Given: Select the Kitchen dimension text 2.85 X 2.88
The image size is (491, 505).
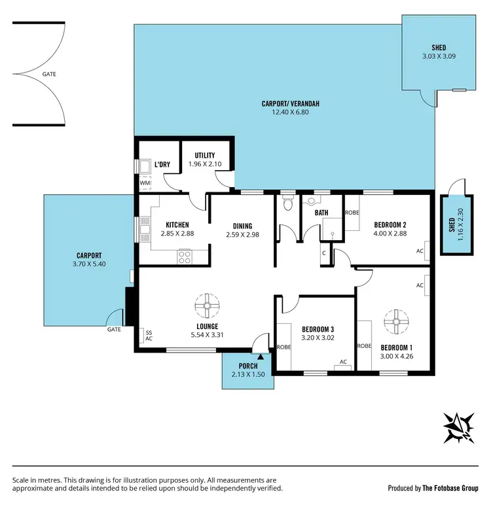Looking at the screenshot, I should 177,233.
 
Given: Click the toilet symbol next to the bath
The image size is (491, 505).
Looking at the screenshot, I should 286,203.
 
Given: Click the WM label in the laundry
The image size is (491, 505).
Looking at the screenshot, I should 145,183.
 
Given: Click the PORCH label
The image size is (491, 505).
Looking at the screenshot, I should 247,366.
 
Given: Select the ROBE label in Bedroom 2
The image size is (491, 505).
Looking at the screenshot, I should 352,213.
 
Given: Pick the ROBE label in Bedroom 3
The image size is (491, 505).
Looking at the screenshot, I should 284,347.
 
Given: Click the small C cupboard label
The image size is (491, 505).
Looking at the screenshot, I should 323,252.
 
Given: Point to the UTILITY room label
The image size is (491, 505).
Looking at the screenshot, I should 205,155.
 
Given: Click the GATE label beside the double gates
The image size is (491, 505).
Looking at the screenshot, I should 48,74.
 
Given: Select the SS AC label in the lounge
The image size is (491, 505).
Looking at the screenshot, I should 149,335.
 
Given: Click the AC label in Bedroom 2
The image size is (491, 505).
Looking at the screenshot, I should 420,251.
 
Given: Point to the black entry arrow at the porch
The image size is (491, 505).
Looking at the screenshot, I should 261,357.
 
